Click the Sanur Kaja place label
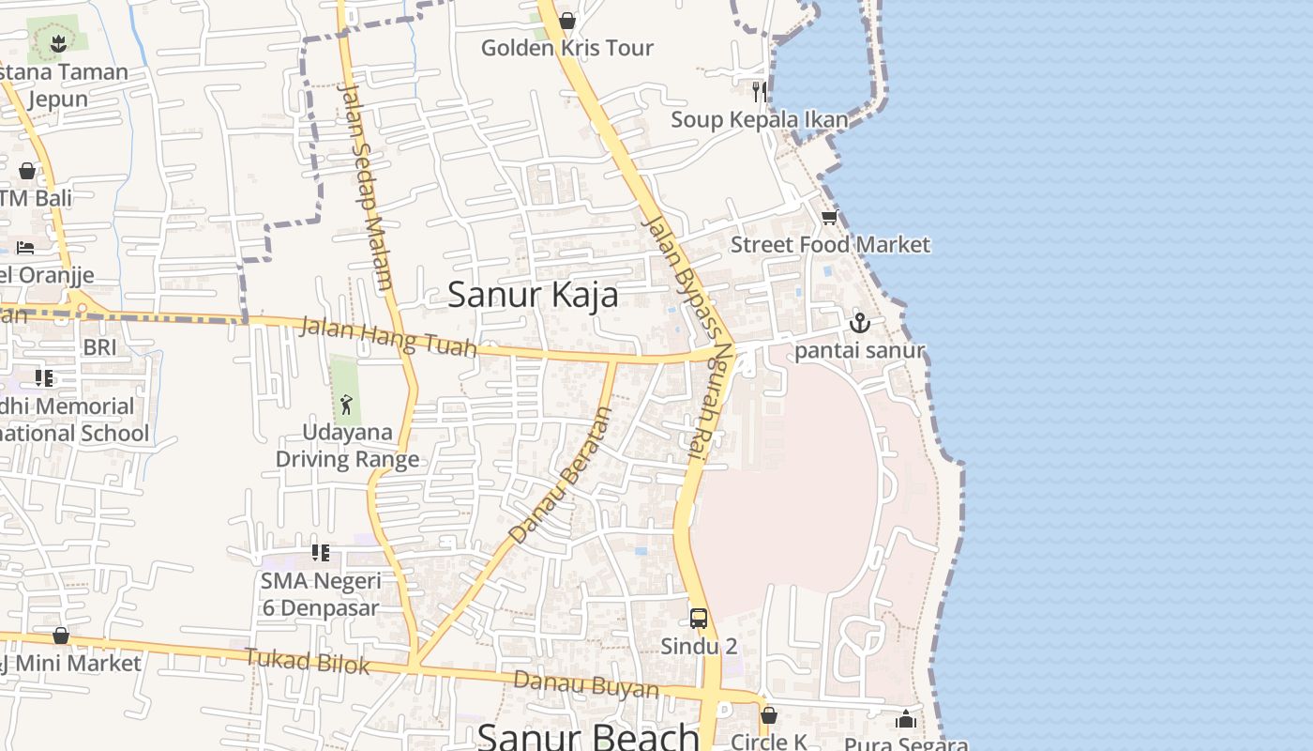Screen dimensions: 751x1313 [x=533, y=295]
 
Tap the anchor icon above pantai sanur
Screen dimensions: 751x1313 [x=859, y=324]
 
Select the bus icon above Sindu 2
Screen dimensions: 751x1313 [x=699, y=618]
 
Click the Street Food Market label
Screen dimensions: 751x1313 [x=830, y=245]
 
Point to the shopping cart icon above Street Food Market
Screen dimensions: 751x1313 [x=829, y=218]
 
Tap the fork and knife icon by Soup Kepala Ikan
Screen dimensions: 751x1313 [x=760, y=92]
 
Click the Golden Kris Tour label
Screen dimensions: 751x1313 [x=566, y=48]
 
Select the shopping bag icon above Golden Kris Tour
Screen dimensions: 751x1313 [x=567, y=21]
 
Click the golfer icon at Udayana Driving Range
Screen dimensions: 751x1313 [x=346, y=405]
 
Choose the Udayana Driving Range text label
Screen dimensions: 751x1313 [x=347, y=446]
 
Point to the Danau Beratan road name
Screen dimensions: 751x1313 [x=561, y=475]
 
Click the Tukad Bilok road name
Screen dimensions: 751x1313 [x=308, y=661]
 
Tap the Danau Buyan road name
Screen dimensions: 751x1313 [x=586, y=684]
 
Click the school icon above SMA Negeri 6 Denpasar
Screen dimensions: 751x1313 [x=321, y=553]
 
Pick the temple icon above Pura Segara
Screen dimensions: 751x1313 [x=905, y=720]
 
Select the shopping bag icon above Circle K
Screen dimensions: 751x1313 [x=769, y=715]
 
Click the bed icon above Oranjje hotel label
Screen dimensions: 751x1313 [x=26, y=248]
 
